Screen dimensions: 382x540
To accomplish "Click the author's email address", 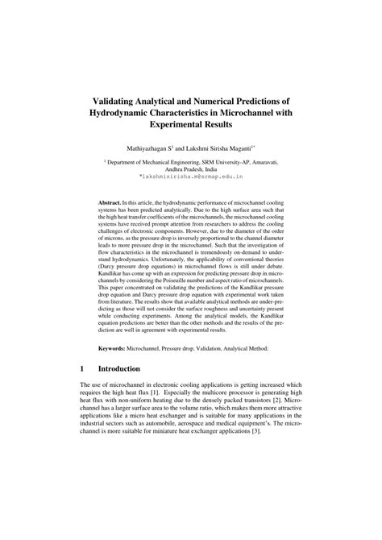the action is (190, 177).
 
